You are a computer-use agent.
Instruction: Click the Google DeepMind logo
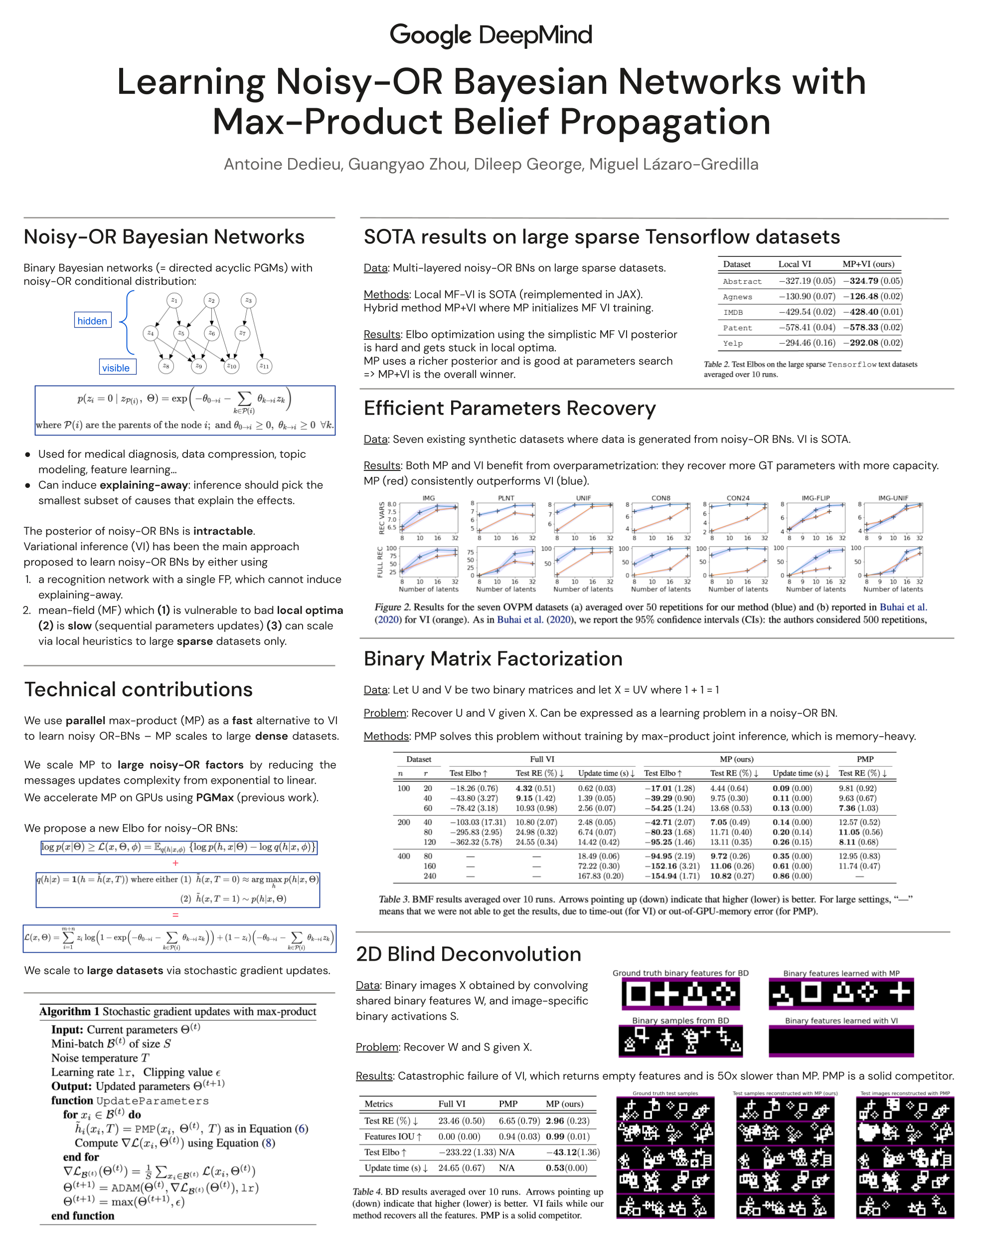[491, 35]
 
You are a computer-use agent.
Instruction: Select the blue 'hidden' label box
[93, 320]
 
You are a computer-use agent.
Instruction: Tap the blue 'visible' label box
[116, 368]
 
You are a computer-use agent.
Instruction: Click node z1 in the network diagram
[174, 300]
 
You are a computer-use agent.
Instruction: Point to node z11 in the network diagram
[264, 365]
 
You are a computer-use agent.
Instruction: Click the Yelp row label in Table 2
[733, 343]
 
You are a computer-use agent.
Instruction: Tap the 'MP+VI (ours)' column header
[868, 264]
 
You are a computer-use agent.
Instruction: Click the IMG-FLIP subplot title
[816, 498]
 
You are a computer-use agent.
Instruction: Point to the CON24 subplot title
[738, 498]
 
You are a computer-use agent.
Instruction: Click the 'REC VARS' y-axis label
[382, 517]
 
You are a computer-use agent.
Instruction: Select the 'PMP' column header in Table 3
[865, 759]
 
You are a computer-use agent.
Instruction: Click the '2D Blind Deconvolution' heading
[469, 954]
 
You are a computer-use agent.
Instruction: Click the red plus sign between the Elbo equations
[175, 863]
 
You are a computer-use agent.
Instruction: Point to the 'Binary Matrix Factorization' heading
[492, 658]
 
